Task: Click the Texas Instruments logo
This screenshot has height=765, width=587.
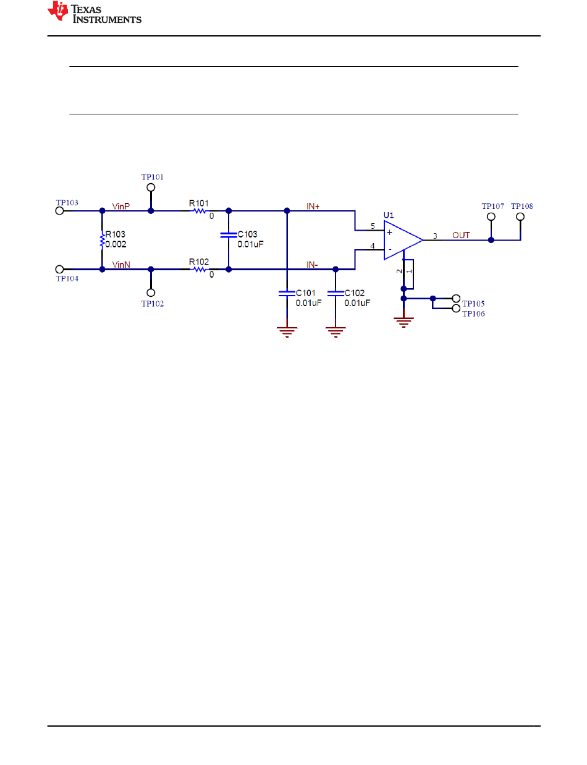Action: pos(95,12)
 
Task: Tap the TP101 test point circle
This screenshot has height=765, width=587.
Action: pos(151,187)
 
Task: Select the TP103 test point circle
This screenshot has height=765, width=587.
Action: pos(59,210)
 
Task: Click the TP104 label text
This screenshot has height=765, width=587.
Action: pos(67,278)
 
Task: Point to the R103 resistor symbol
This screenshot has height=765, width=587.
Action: pos(102,240)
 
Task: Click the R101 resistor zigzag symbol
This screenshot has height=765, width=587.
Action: pos(200,211)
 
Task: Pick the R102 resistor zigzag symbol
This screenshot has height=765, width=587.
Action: pos(200,269)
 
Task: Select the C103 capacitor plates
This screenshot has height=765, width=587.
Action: pos(229,235)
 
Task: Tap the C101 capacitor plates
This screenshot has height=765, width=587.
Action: pos(287,293)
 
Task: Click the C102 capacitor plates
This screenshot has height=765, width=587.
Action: pos(336,293)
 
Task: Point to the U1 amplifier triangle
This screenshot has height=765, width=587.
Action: pos(403,240)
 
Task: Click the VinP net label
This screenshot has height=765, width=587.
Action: pos(120,206)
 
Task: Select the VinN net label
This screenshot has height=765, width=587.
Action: pos(121,265)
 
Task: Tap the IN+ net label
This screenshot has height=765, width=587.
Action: pos(313,206)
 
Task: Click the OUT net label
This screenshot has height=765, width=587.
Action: pos(461,235)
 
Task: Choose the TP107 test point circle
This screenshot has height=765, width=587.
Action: pos(491,216)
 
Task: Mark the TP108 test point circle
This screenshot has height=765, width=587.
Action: pos(520,216)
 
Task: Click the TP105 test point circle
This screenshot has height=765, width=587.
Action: pos(456,299)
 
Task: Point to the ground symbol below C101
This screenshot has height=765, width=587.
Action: pos(287,332)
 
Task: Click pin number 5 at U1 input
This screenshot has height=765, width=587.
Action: pos(373,226)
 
